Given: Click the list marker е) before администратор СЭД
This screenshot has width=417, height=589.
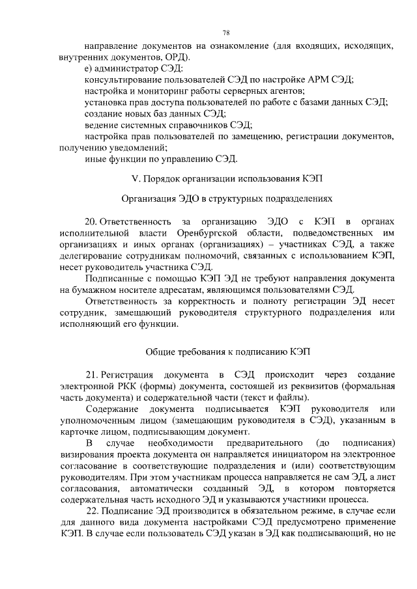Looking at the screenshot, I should [x=89, y=68].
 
